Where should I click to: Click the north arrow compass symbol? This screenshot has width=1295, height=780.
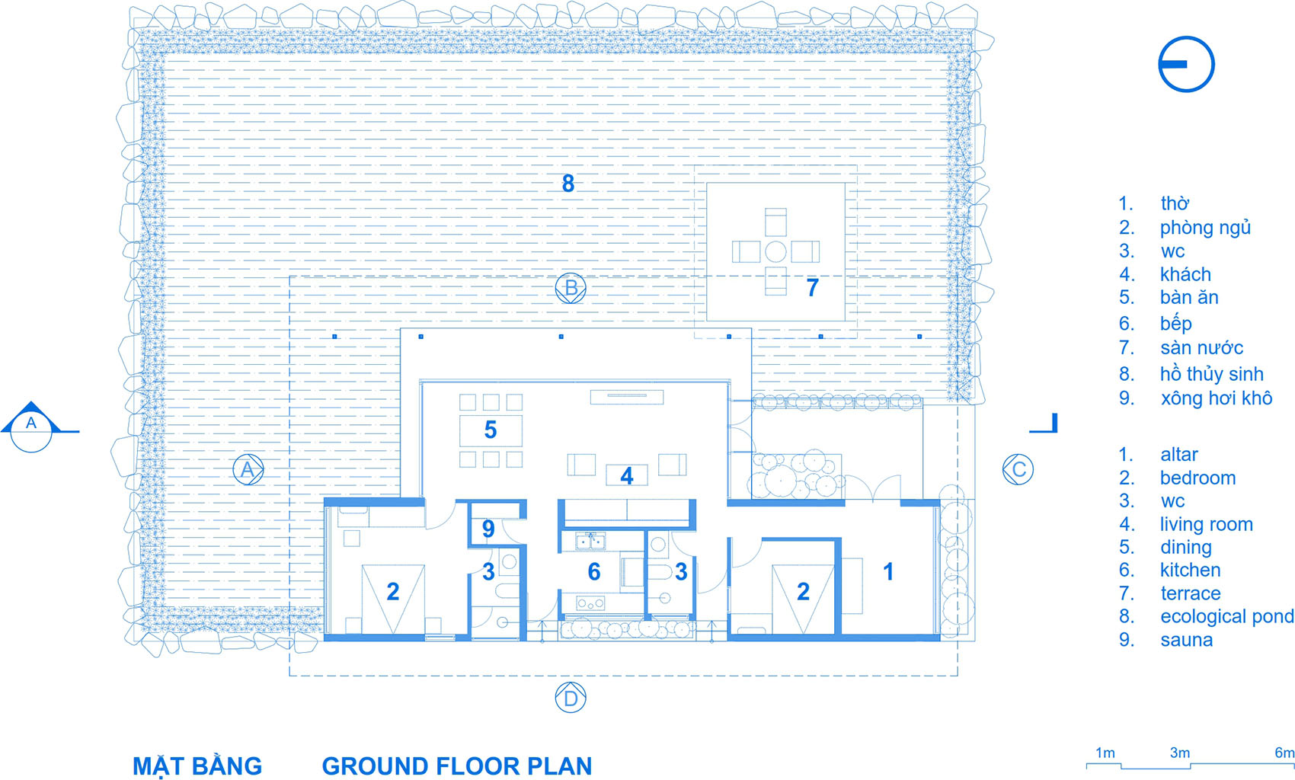[1186, 64]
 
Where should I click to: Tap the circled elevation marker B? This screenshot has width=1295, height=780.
[571, 288]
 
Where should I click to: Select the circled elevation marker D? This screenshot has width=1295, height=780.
[571, 697]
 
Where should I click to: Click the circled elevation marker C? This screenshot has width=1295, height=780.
[1018, 469]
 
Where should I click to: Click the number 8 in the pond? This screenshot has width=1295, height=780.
[568, 184]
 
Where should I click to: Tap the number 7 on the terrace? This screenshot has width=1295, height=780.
[812, 287]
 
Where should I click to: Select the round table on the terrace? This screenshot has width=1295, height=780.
[775, 251]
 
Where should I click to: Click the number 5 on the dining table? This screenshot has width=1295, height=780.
[491, 430]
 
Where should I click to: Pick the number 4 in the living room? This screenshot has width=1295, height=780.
[627, 476]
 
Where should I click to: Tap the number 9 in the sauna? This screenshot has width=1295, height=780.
[488, 529]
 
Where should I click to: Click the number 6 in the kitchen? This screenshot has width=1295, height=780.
[593, 571]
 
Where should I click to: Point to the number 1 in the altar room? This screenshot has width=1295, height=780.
[888, 571]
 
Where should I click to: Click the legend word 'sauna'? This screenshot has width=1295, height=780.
[1186, 640]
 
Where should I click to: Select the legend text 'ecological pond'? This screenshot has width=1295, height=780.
[1226, 617]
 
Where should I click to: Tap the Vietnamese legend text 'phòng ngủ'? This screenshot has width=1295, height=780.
[1205, 227]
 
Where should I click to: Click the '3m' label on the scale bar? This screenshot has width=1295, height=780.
[1180, 753]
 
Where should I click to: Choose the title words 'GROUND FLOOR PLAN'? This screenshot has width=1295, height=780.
[457, 766]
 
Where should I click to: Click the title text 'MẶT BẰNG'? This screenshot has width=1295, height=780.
[197, 766]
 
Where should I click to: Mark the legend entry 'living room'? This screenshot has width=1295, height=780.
[1207, 524]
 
